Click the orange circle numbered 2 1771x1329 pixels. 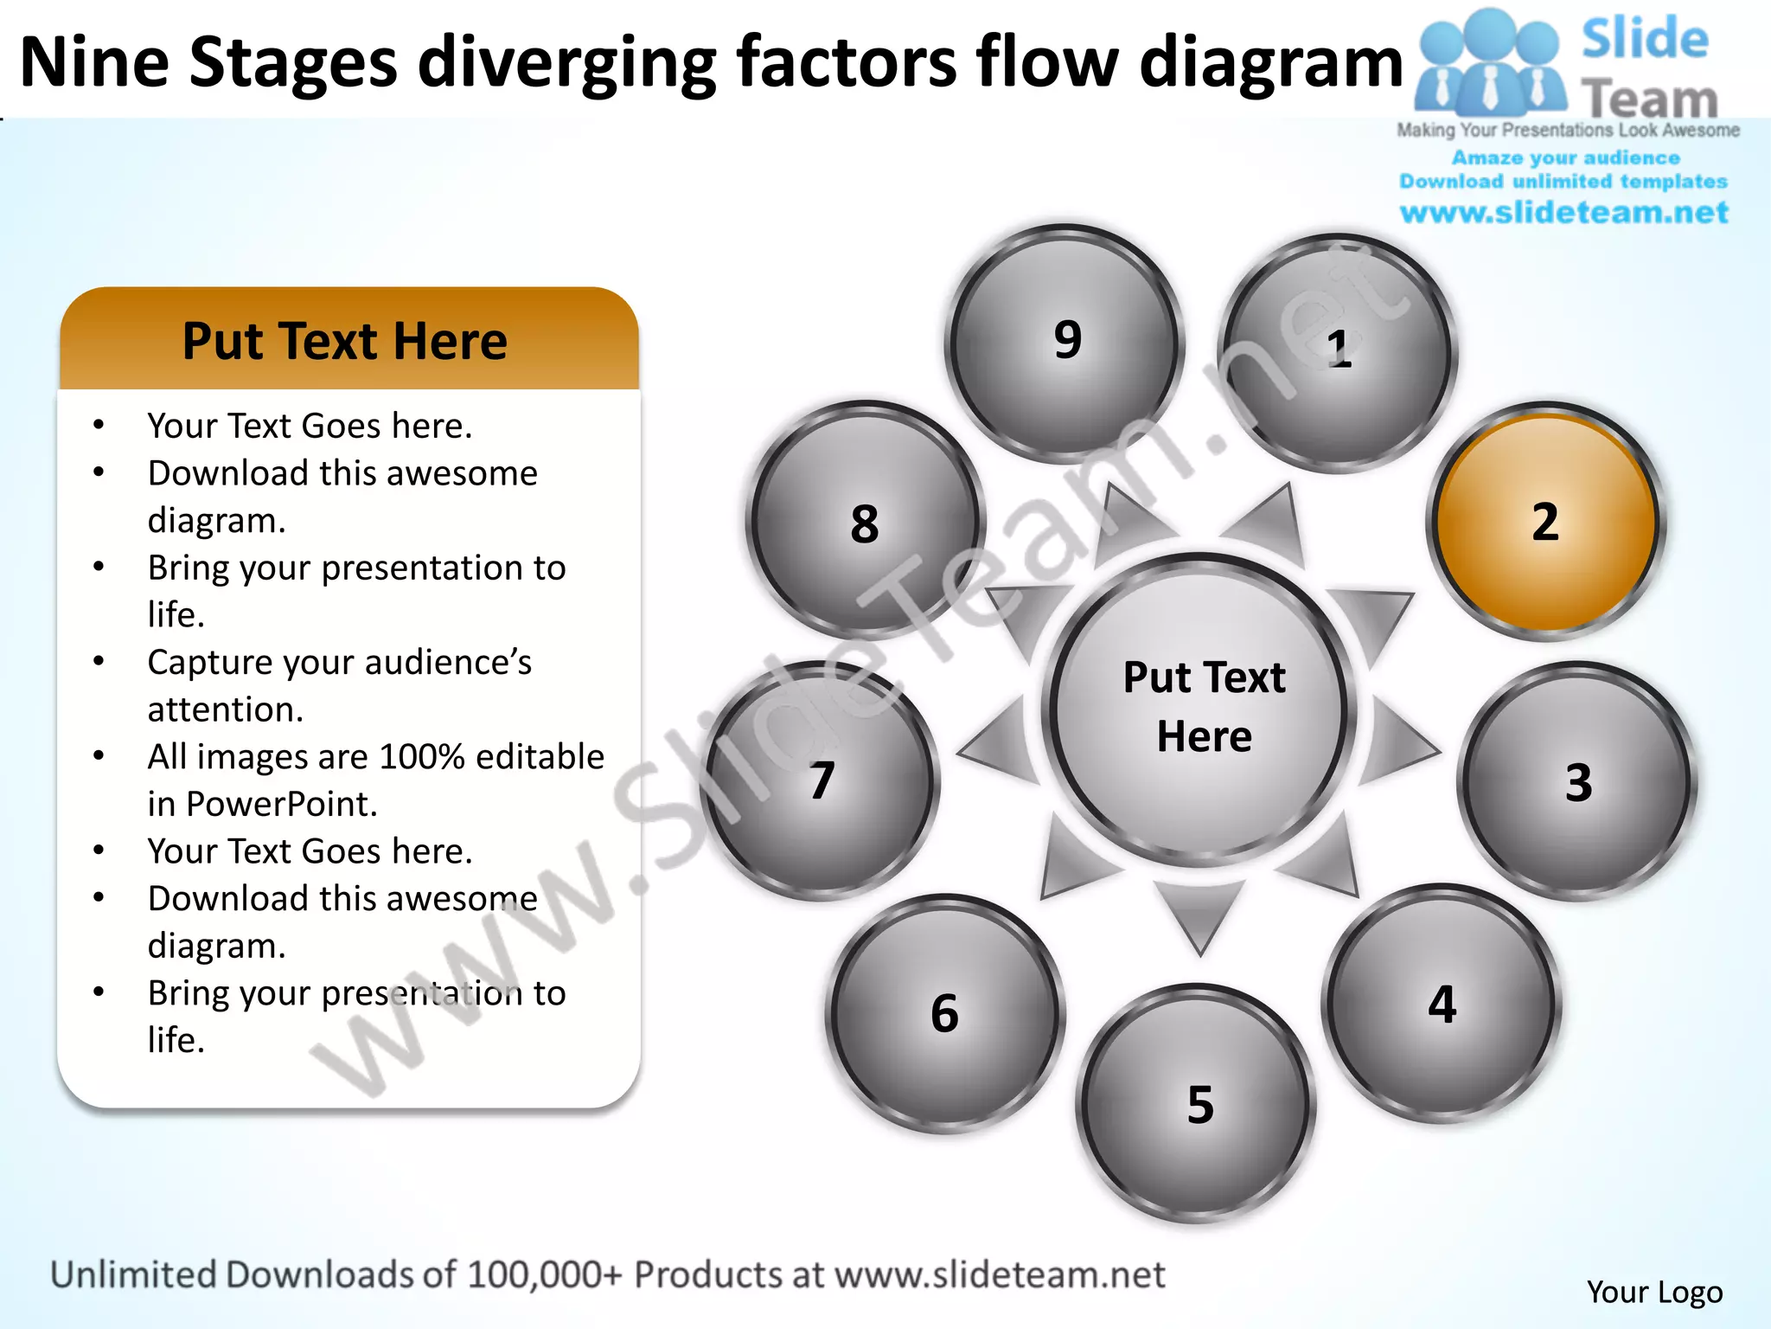point(1545,522)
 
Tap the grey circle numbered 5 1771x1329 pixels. point(1198,1103)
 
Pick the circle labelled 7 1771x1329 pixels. point(820,780)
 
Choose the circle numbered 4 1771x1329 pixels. point(1442,1004)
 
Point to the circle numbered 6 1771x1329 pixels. point(945,1013)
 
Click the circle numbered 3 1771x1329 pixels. point(1577,781)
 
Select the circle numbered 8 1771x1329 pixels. point(865,522)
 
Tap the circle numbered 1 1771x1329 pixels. point(1338,352)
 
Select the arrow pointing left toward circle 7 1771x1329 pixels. point(1001,742)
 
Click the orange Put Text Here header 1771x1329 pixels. point(347,340)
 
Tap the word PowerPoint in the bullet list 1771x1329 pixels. point(281,804)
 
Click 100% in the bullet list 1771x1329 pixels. point(423,757)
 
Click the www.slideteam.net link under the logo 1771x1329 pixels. point(1563,212)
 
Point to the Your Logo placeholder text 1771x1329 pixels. point(1654,1292)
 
